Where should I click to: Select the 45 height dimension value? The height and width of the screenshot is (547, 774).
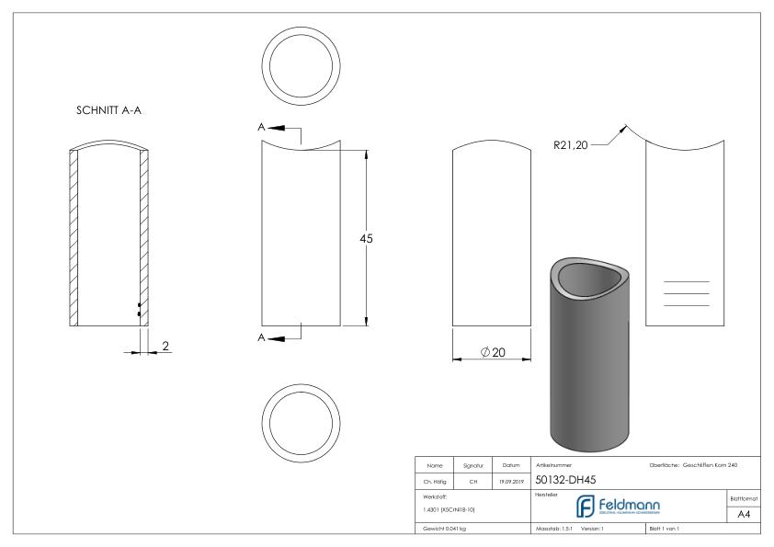[365, 238]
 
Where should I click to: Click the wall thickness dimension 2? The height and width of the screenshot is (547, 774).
[165, 346]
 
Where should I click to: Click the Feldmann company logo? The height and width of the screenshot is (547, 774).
[630, 507]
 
